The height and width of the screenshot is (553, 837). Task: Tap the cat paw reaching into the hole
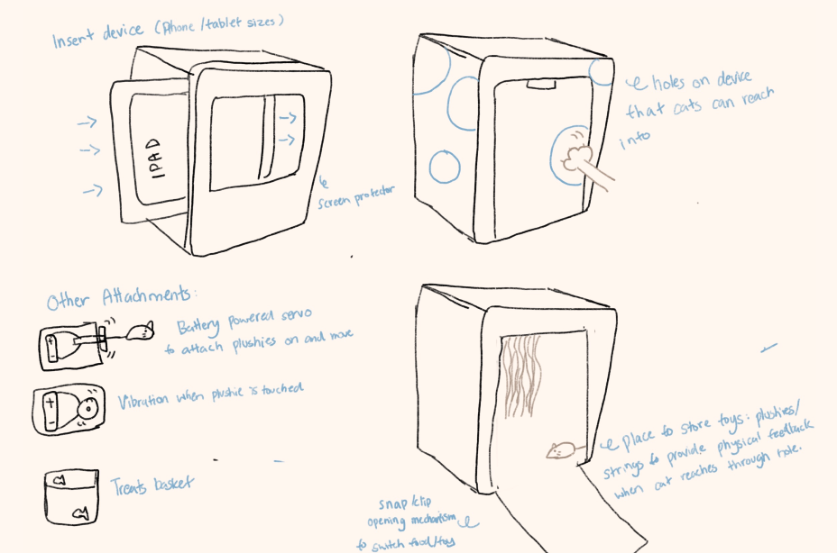click(574, 159)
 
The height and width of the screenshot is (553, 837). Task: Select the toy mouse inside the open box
click(560, 449)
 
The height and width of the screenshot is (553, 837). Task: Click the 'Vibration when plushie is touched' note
click(209, 394)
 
